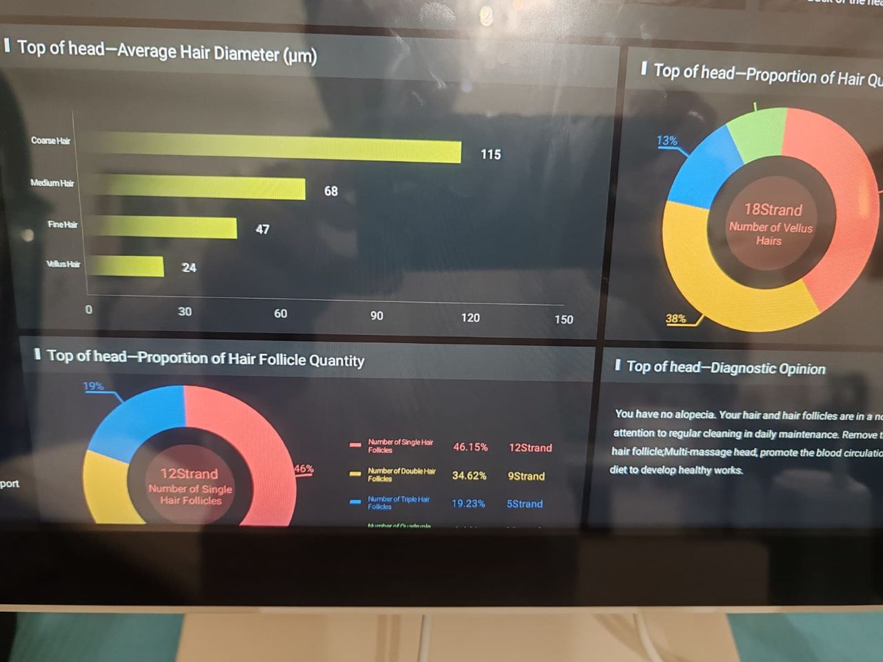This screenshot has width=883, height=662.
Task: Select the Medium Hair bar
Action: click(x=197, y=187)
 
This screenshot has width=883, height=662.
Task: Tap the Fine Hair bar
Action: click(x=162, y=227)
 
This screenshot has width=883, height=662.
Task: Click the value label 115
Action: click(x=490, y=154)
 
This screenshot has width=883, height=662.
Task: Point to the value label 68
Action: click(x=331, y=191)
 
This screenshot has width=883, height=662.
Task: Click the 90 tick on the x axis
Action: click(x=377, y=316)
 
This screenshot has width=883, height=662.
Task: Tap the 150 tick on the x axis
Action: click(x=564, y=319)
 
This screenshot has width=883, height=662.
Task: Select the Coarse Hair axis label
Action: click(x=50, y=141)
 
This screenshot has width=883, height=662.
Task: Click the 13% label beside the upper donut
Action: click(x=666, y=141)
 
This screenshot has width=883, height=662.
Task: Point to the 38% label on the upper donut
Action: click(x=675, y=319)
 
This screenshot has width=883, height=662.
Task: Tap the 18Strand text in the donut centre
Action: click(x=773, y=210)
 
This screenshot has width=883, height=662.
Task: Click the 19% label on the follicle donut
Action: click(x=93, y=386)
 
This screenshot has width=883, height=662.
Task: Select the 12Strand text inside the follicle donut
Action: click(x=189, y=474)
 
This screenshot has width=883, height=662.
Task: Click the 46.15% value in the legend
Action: click(x=470, y=447)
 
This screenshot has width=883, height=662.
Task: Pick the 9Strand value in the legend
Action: click(x=526, y=476)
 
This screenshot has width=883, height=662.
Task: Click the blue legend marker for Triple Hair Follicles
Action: click(x=355, y=502)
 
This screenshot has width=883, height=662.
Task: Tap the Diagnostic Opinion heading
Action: click(x=725, y=368)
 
